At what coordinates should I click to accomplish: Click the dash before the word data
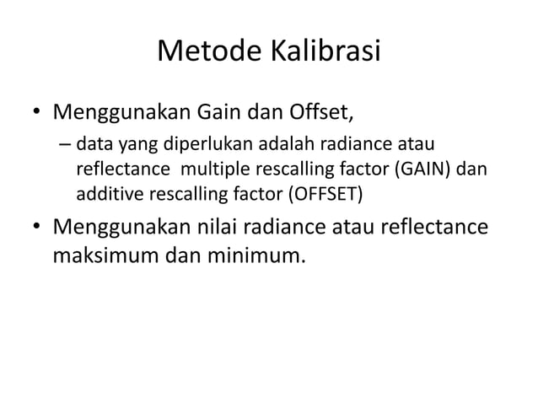(65, 145)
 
